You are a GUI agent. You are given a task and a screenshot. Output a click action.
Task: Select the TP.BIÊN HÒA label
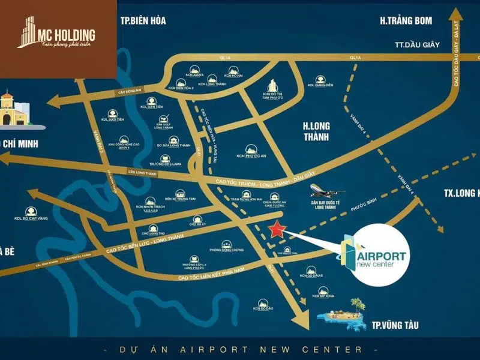tap(142, 21)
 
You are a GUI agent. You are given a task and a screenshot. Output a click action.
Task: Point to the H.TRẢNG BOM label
tap(406, 21)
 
